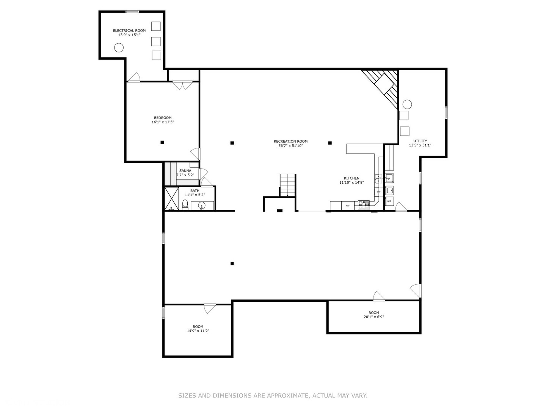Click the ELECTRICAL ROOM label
pos(129,30)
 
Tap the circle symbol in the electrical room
pos(119,47)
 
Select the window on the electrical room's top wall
pos(132,12)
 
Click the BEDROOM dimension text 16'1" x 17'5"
pos(163,122)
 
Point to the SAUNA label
pos(185,171)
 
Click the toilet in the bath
pos(185,204)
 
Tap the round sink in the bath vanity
pos(202,206)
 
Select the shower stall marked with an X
pos(172,198)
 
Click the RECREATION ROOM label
pos(290,142)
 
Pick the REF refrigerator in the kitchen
pos(348,206)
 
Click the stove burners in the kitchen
pos(364,205)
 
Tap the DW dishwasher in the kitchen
pos(378,192)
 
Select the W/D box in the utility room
pos(389,201)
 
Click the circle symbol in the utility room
pos(407,104)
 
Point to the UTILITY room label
pos(420,141)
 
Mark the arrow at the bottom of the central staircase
pos(287,196)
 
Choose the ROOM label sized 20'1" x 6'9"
pos(374,313)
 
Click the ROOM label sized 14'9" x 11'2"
pos(198,326)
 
